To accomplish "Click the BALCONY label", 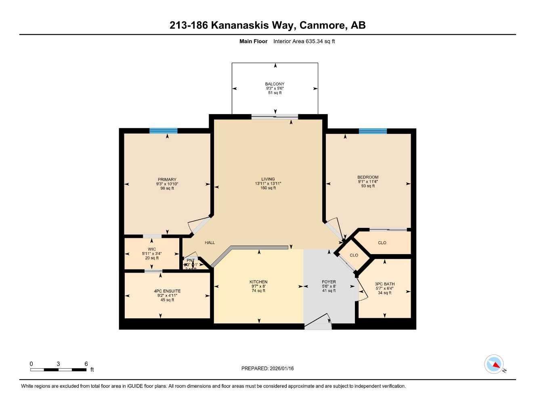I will tap(275, 84).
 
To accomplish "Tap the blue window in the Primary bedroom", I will tap(163, 131).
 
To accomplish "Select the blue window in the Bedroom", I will tap(373, 131).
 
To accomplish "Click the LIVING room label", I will tap(268, 179).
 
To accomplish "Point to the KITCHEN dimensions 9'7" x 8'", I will tap(258, 286).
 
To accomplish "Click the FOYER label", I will tap(329, 282).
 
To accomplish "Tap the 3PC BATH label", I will tap(384, 284).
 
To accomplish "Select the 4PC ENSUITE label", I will tap(167, 291).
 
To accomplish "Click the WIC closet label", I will tap(152, 249).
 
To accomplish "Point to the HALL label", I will tap(210, 242).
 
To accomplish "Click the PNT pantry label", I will tap(191, 261).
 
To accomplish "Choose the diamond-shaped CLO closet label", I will tap(354, 255).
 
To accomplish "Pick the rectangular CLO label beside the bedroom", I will tap(382, 243).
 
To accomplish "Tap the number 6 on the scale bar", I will tap(86, 364).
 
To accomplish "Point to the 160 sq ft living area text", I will tap(268, 188).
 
